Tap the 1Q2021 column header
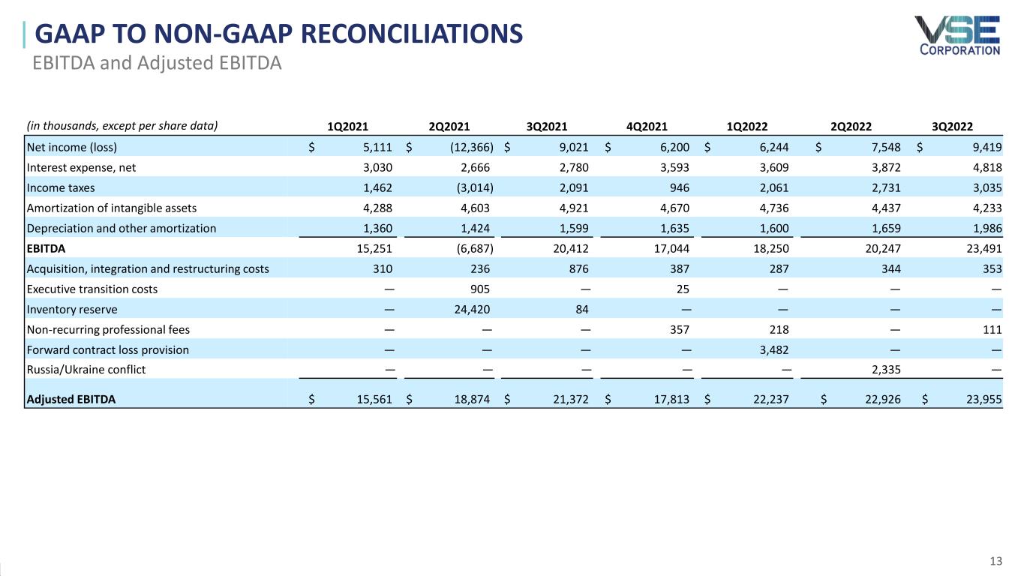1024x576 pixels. pos(347,126)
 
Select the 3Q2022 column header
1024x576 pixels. pos(952,126)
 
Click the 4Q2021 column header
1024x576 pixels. pos(647,126)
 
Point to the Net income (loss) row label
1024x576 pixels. pos(72,147)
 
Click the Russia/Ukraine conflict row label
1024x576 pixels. pos(86,369)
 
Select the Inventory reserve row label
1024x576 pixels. pos(72,310)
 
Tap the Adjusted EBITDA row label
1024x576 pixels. pos(71,399)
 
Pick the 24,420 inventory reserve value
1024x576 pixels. pos(472,310)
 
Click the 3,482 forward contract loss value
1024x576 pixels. pos(774,349)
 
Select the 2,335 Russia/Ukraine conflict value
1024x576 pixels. pos(886,369)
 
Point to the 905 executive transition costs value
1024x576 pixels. pos(480,289)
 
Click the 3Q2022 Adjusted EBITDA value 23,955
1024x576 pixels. pos(983,399)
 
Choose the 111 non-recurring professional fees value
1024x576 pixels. pos(992,329)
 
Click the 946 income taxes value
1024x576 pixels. pos(680,188)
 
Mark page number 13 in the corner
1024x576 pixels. pos(996,561)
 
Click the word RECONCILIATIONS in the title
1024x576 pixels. pos(411,34)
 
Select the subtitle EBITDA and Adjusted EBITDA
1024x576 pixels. pos(157,63)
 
